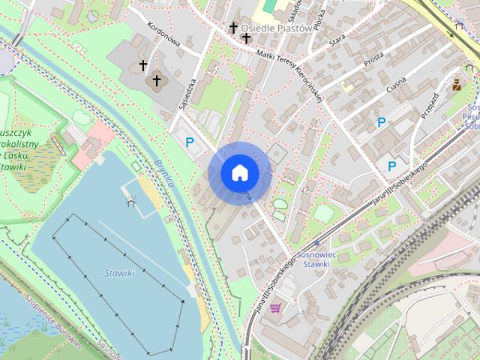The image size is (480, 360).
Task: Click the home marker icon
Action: [240, 173]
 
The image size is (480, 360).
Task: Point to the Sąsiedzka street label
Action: [187, 95]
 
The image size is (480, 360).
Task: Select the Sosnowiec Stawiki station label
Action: [313, 259]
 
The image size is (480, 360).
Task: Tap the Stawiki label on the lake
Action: [119, 273]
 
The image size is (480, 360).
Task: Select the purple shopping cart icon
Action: [276, 307]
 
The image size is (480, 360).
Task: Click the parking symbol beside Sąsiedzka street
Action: [190, 141]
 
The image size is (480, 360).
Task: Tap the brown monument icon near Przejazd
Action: [455, 85]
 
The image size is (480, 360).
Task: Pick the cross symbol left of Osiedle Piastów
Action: [233, 28]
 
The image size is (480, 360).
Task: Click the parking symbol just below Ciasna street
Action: [382, 122]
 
